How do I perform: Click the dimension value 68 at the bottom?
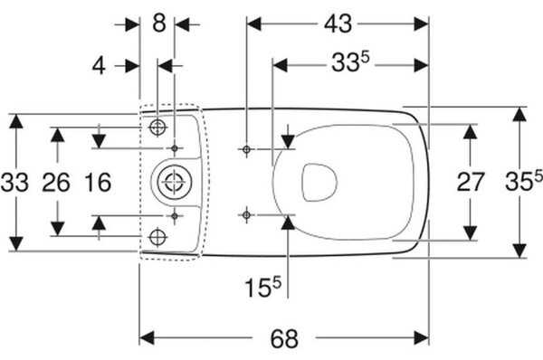pyautogui.click(x=284, y=339)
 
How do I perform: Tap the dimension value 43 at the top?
pyautogui.click(x=338, y=24)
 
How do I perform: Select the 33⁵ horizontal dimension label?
pyautogui.click(x=350, y=62)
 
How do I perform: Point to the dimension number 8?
pyautogui.click(x=159, y=24)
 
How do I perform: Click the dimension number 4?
pyautogui.click(x=99, y=66)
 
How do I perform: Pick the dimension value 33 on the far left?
pyautogui.click(x=14, y=183)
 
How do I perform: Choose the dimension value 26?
pyautogui.click(x=56, y=183)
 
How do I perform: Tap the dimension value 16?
pyautogui.click(x=98, y=183)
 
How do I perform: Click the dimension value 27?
pyautogui.click(x=470, y=182)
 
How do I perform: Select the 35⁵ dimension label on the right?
pyautogui.click(x=524, y=181)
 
